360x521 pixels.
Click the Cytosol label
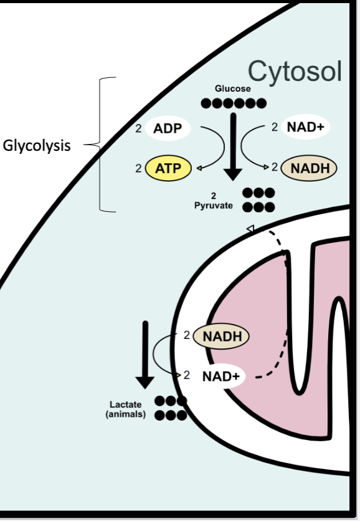(x=295, y=72)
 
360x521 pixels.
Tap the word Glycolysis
(x=37, y=146)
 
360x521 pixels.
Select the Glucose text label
(x=233, y=89)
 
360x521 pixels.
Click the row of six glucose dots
(x=233, y=103)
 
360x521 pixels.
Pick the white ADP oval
(x=168, y=130)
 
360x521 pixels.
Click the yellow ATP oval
(x=168, y=168)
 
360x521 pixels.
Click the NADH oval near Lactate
(x=221, y=337)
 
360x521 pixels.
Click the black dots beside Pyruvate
(x=258, y=199)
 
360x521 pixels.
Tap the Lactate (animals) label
(x=126, y=409)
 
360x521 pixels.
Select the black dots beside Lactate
(x=171, y=408)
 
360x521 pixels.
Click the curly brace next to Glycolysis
(x=103, y=145)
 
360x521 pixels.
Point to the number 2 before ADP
(x=138, y=129)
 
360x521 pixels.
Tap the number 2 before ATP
(x=138, y=168)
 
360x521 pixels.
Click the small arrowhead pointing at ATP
(x=199, y=168)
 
